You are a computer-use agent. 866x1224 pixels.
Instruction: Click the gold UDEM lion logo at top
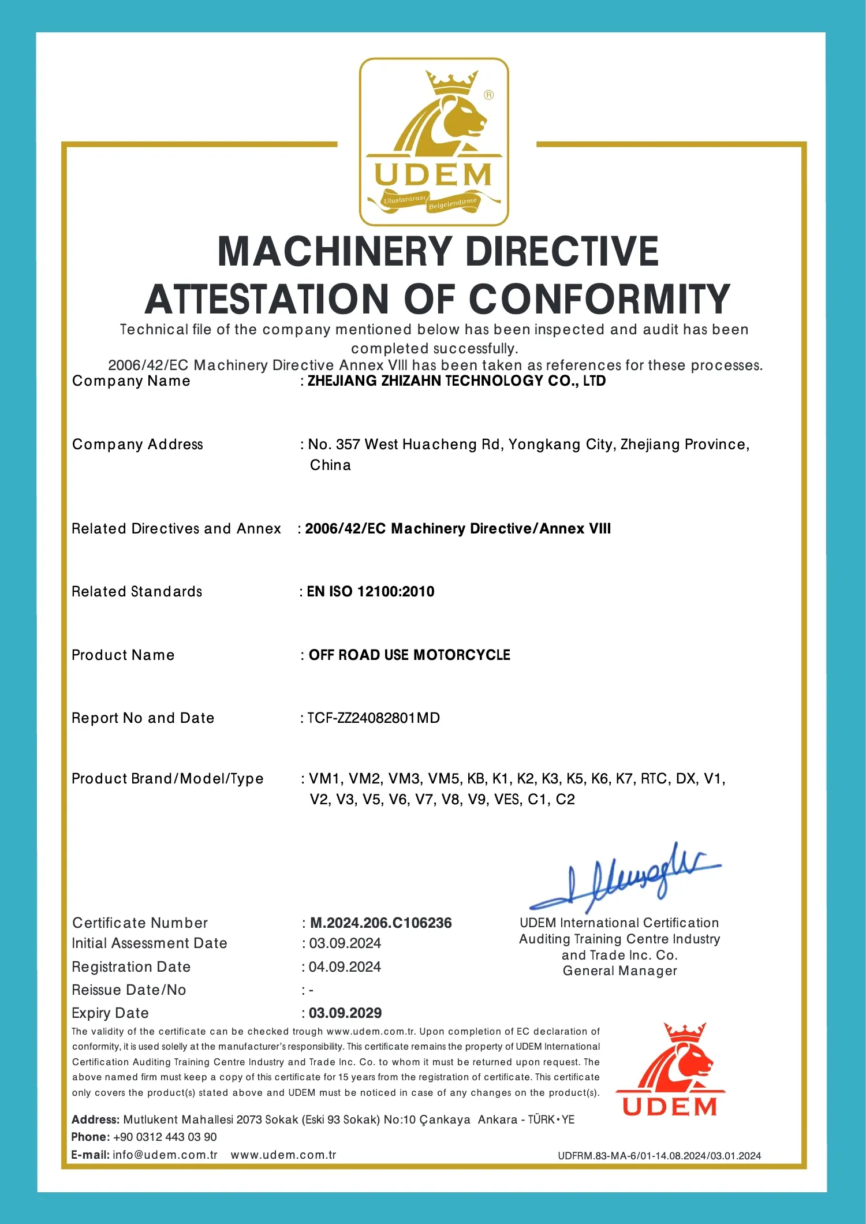click(x=434, y=141)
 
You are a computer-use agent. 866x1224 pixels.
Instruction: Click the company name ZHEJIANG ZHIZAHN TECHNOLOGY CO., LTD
click(x=456, y=381)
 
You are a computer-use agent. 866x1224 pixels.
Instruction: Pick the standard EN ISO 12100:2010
click(x=370, y=592)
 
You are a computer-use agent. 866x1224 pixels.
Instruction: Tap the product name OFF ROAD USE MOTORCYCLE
click(x=409, y=655)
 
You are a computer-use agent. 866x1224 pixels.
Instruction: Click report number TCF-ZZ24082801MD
click(x=374, y=718)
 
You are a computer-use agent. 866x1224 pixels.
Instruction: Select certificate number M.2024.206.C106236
click(x=381, y=923)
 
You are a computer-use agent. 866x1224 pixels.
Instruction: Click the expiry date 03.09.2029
click(x=345, y=1013)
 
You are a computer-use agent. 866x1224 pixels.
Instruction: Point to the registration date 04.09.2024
click(x=345, y=967)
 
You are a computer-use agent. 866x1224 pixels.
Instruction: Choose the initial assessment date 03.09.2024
click(x=345, y=943)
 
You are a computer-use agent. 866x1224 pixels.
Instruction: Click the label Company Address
click(x=137, y=445)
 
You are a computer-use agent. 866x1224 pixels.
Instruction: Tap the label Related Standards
click(x=137, y=592)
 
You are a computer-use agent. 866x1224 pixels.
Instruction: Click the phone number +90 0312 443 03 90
click(x=165, y=1137)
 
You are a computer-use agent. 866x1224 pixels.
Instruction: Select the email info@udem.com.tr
click(x=165, y=1155)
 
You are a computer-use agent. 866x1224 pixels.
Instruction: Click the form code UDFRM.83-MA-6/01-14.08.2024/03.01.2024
click(x=659, y=1156)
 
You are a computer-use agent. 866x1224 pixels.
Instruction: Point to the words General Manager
click(x=620, y=971)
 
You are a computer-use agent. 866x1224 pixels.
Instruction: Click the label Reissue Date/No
click(x=129, y=990)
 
